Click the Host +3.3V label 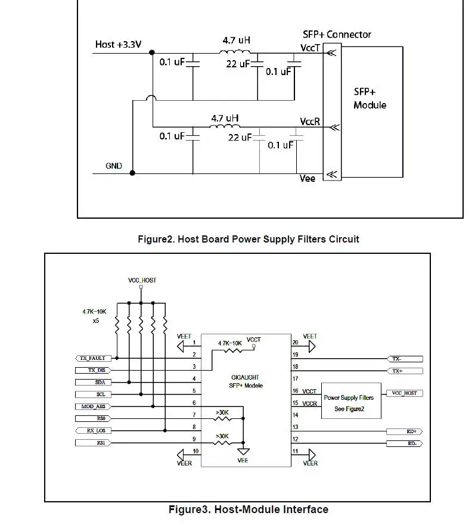tap(118, 44)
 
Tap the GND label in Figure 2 tap(114, 166)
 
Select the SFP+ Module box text tap(370, 98)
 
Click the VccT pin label tap(310, 48)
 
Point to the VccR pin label tap(310, 122)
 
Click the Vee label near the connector tap(307, 178)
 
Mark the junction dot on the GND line tap(132, 173)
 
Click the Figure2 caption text tap(248, 239)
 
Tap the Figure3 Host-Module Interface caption tap(248, 510)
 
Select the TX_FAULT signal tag tap(93, 358)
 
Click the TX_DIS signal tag tap(93, 370)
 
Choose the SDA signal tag tap(93, 383)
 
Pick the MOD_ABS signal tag tap(93, 406)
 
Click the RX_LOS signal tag tap(93, 431)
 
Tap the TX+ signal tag tap(405, 371)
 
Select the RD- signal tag tap(405, 443)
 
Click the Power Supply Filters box tap(351, 401)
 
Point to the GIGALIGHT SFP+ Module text tap(246, 381)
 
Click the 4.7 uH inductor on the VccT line tap(234, 52)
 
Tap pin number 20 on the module tap(295, 343)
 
